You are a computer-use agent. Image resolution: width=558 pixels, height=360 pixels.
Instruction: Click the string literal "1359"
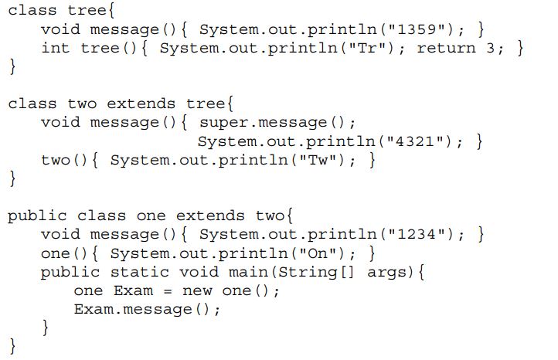pyautogui.click(x=417, y=29)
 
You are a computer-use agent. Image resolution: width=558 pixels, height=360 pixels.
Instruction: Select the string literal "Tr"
pyautogui.click(x=367, y=48)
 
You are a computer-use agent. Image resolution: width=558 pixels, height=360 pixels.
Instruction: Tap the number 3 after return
pyautogui.click(x=491, y=48)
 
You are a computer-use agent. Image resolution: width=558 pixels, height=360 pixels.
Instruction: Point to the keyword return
pyautogui.click(x=446, y=48)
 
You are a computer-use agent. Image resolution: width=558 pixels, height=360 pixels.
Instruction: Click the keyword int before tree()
pyautogui.click(x=55, y=48)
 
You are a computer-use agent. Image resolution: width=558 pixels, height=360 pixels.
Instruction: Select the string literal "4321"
pyautogui.click(x=415, y=141)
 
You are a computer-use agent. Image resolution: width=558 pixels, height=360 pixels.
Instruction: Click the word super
pyautogui.click(x=223, y=123)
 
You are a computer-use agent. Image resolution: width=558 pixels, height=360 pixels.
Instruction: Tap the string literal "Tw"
pyautogui.click(x=318, y=160)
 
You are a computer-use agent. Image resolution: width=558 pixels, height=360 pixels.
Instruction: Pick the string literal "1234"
pyautogui.click(x=417, y=234)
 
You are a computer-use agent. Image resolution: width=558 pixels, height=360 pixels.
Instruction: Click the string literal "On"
pyautogui.click(x=318, y=253)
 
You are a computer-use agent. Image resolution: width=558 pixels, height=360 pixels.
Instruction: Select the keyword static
pyautogui.click(x=139, y=272)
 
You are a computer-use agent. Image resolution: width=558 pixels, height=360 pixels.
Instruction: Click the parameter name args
pyautogui.click(x=387, y=272)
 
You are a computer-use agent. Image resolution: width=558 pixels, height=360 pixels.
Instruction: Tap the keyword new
pyautogui.click(x=197, y=291)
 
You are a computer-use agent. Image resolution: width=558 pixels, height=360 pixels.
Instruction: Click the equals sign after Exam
pyautogui.click(x=168, y=291)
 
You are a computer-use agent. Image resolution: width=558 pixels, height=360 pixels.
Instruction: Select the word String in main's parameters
pyautogui.click(x=308, y=273)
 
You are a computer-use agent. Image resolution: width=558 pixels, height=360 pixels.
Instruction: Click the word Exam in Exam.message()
pyautogui.click(x=94, y=309)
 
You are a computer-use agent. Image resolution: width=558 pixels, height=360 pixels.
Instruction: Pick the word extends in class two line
pyautogui.click(x=141, y=104)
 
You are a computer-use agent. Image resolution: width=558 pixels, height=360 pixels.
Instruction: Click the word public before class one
pyautogui.click(x=37, y=216)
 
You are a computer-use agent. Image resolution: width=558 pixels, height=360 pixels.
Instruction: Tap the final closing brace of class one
pyautogui.click(x=12, y=346)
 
